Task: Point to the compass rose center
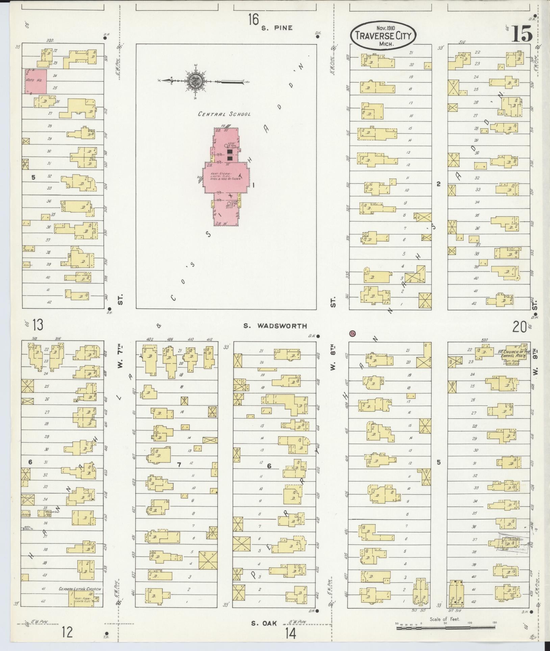click(195, 81)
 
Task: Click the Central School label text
click(224, 114)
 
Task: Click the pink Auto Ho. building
click(35, 81)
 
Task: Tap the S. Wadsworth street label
click(275, 326)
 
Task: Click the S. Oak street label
click(264, 623)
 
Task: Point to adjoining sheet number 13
click(38, 325)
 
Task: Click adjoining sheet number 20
click(519, 327)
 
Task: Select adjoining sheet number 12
click(67, 631)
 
